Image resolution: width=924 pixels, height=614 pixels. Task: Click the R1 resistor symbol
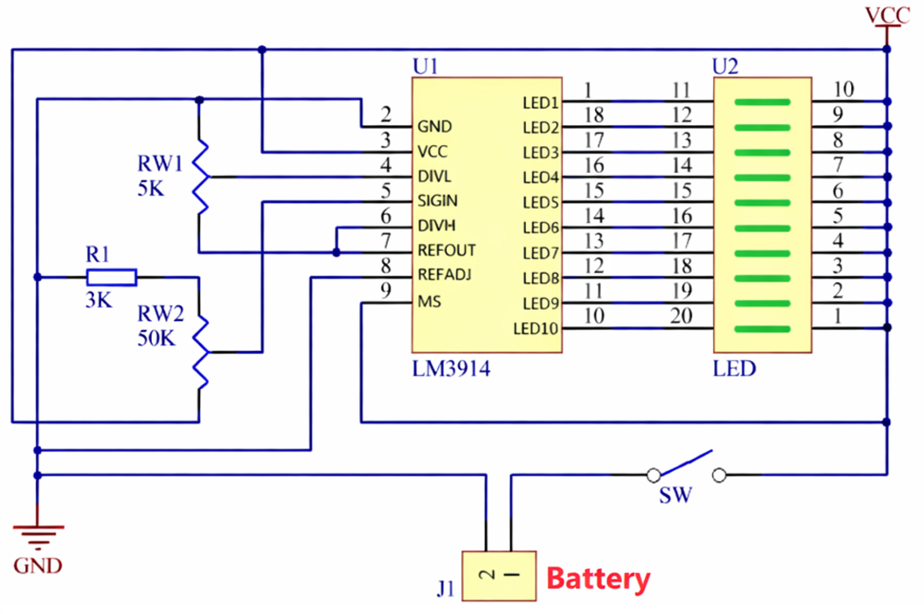point(112,277)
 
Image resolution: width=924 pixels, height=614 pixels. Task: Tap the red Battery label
point(598,579)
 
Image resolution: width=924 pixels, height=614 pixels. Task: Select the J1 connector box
point(499,576)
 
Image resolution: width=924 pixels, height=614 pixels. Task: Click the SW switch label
point(675,495)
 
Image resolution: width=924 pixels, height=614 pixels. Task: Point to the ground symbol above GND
point(38,534)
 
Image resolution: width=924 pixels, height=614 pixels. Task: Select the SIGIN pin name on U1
point(437,201)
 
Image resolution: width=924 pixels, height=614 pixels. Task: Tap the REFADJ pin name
point(444,274)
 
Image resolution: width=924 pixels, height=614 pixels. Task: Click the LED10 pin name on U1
point(535,329)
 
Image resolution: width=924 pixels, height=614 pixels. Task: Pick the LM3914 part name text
point(451,369)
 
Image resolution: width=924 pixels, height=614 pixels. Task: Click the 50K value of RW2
point(156,338)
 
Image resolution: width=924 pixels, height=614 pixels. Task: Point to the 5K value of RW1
point(151,189)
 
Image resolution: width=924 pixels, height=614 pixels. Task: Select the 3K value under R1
point(99,300)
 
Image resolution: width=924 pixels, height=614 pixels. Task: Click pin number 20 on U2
point(681,316)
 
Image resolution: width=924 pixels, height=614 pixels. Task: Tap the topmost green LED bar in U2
point(762,102)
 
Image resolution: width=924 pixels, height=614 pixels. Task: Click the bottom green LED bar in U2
point(762,329)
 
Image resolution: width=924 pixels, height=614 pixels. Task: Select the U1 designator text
point(425,67)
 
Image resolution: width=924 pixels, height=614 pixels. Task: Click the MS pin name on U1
point(429,302)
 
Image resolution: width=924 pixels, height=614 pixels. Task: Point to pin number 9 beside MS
point(386,290)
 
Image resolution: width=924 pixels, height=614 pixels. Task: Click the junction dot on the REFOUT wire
point(336,253)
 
